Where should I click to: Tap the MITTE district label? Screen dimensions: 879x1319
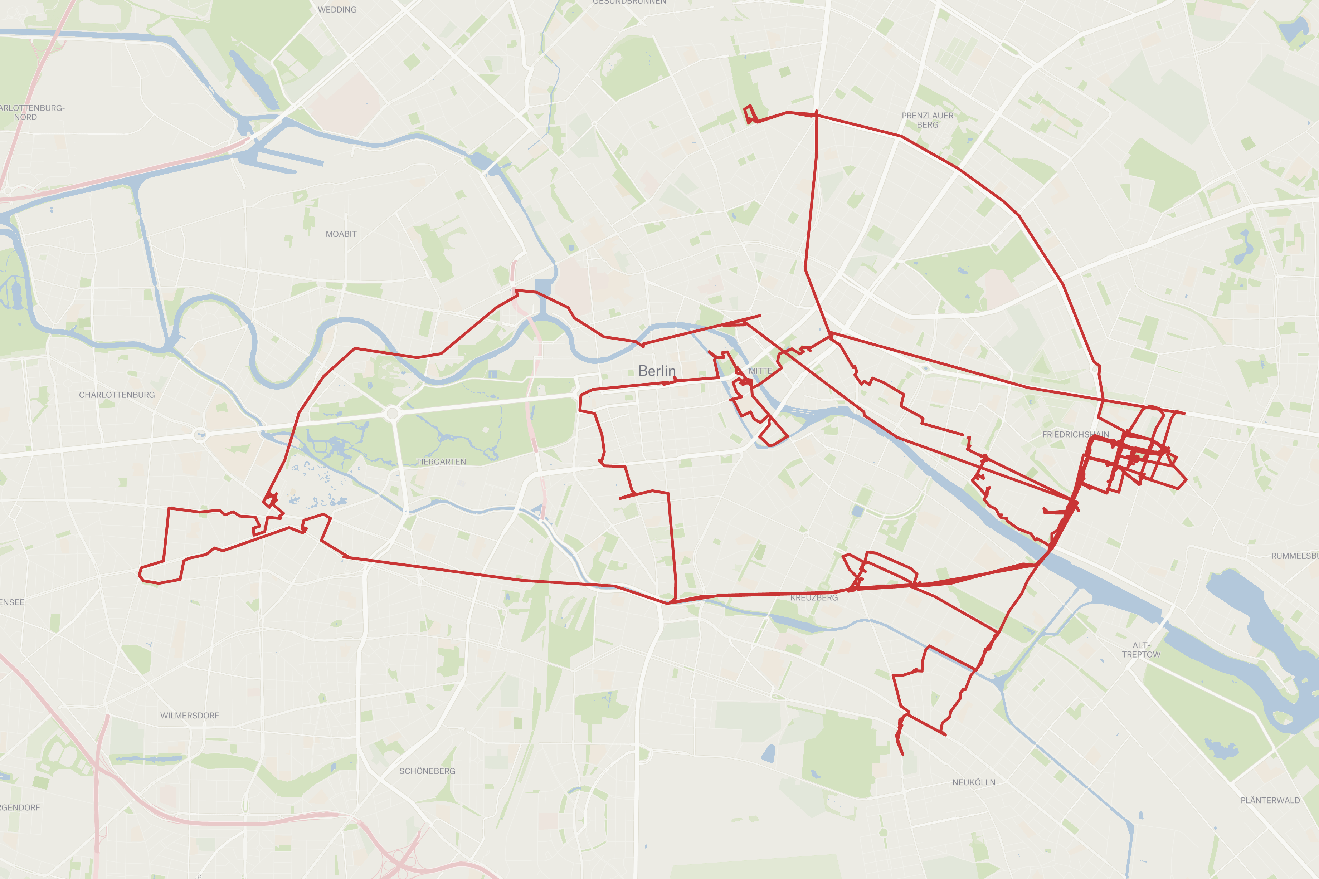click(760, 371)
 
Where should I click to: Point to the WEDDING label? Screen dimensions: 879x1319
click(337, 10)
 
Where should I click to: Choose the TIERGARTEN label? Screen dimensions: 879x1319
click(441, 462)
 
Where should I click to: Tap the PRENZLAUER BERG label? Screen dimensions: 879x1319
click(927, 120)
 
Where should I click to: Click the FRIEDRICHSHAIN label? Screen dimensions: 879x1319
click(1075, 434)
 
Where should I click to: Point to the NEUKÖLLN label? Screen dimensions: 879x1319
click(974, 782)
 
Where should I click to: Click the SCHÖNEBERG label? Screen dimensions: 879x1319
click(427, 771)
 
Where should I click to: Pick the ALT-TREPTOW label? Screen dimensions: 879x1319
click(1141, 650)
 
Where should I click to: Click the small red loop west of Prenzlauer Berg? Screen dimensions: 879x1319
click(750, 113)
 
